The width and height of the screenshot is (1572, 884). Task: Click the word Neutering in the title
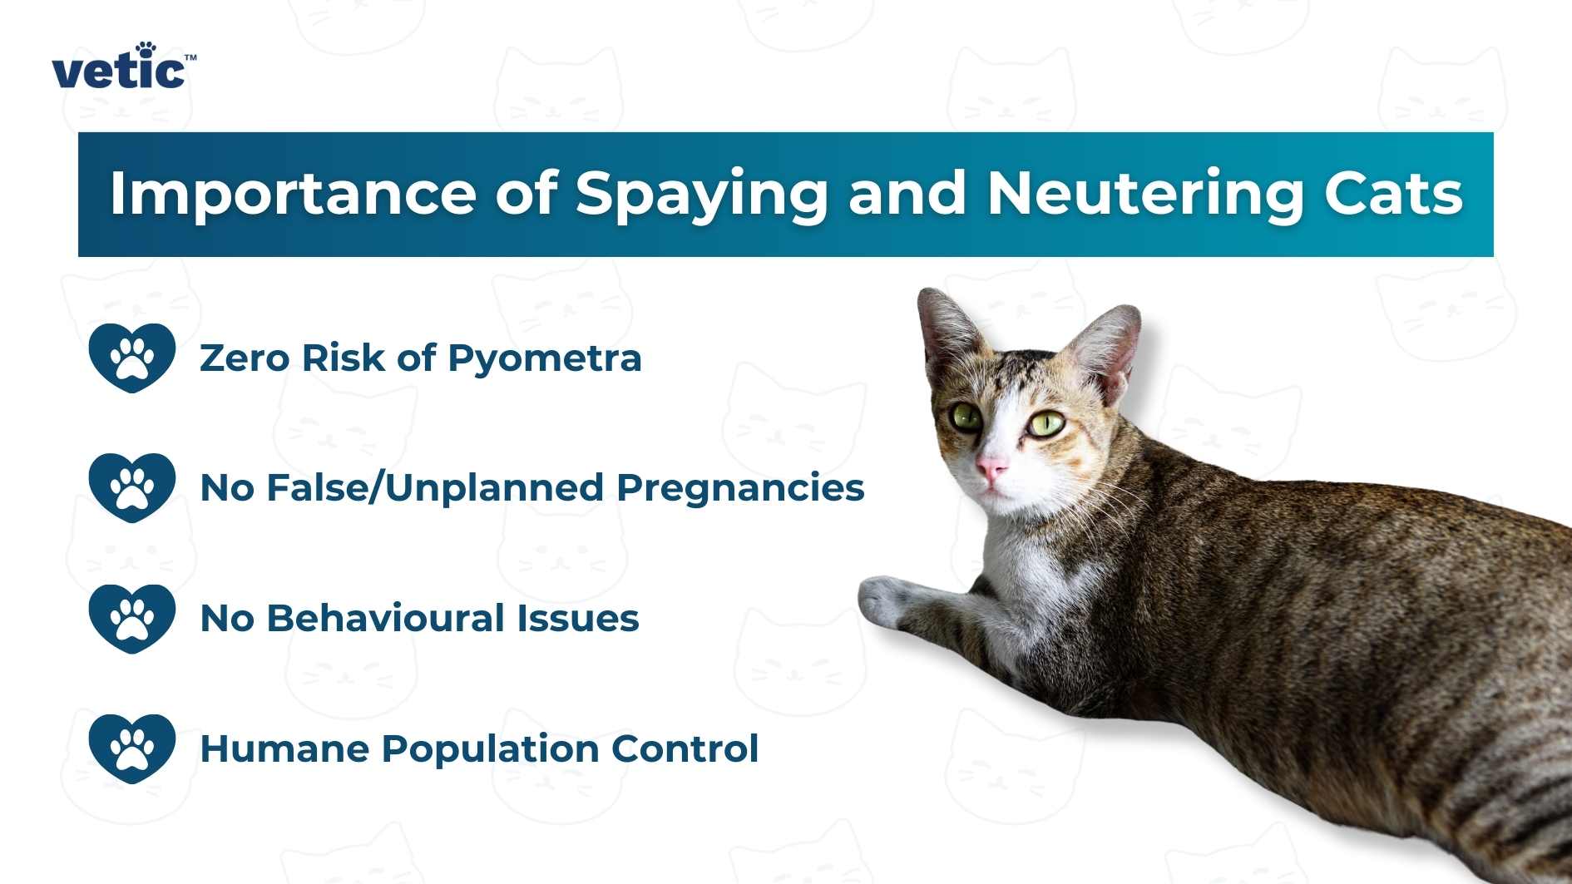pos(1144,194)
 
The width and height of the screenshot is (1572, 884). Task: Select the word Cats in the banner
pos(1393,194)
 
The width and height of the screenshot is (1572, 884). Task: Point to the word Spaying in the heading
pos(701,194)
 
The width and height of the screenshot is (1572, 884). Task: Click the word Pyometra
pos(544,358)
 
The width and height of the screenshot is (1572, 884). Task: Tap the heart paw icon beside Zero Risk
pos(132,358)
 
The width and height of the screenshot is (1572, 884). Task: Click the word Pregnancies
pos(739,488)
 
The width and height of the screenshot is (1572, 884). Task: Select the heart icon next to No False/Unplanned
pos(132,487)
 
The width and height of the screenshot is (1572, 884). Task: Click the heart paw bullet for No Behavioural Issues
pos(132,619)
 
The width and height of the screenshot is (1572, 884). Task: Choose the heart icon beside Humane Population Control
pos(132,748)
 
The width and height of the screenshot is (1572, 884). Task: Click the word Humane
pos(284,748)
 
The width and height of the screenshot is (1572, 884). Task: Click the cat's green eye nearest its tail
pos(1046,424)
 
